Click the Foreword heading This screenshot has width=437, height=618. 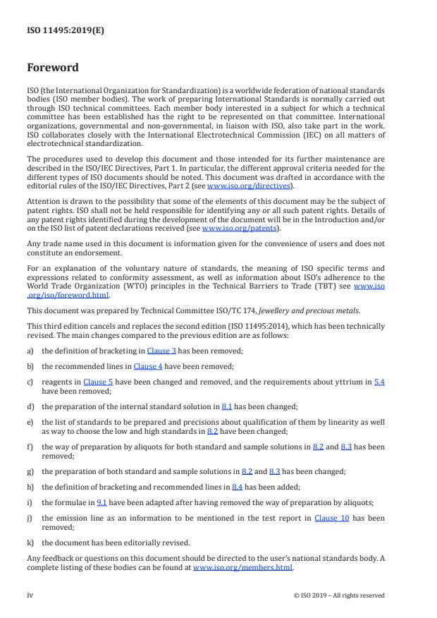54,68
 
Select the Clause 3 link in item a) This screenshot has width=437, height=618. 160,350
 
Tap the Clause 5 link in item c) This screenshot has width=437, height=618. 99,382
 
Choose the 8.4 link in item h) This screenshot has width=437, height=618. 238,487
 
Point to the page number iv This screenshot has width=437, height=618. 30,595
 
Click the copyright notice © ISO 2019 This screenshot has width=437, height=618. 338,595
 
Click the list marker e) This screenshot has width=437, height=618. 31,421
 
